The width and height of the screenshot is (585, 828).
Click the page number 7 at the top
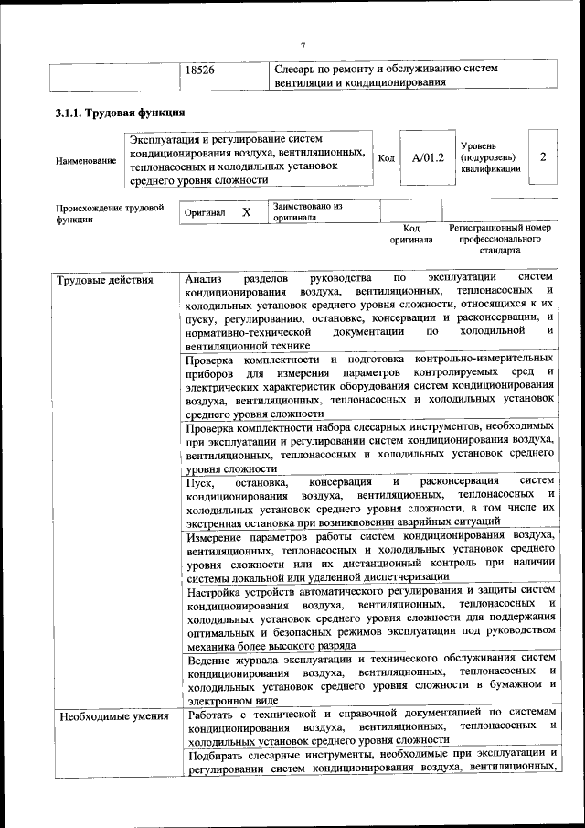(303, 47)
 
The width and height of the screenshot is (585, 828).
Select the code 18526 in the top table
(199, 70)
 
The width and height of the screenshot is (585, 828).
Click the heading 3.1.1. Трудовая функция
(117, 113)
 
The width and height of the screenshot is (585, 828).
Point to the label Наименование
(86, 161)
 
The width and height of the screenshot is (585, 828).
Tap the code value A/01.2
(427, 157)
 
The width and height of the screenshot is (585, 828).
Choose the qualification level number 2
(543, 156)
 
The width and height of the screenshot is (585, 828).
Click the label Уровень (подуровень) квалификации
(491, 157)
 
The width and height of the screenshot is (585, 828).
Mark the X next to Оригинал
(246, 211)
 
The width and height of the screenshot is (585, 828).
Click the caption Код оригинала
(411, 234)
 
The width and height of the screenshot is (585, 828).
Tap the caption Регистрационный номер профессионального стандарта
(499, 238)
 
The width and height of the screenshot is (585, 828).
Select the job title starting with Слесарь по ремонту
(386, 76)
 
